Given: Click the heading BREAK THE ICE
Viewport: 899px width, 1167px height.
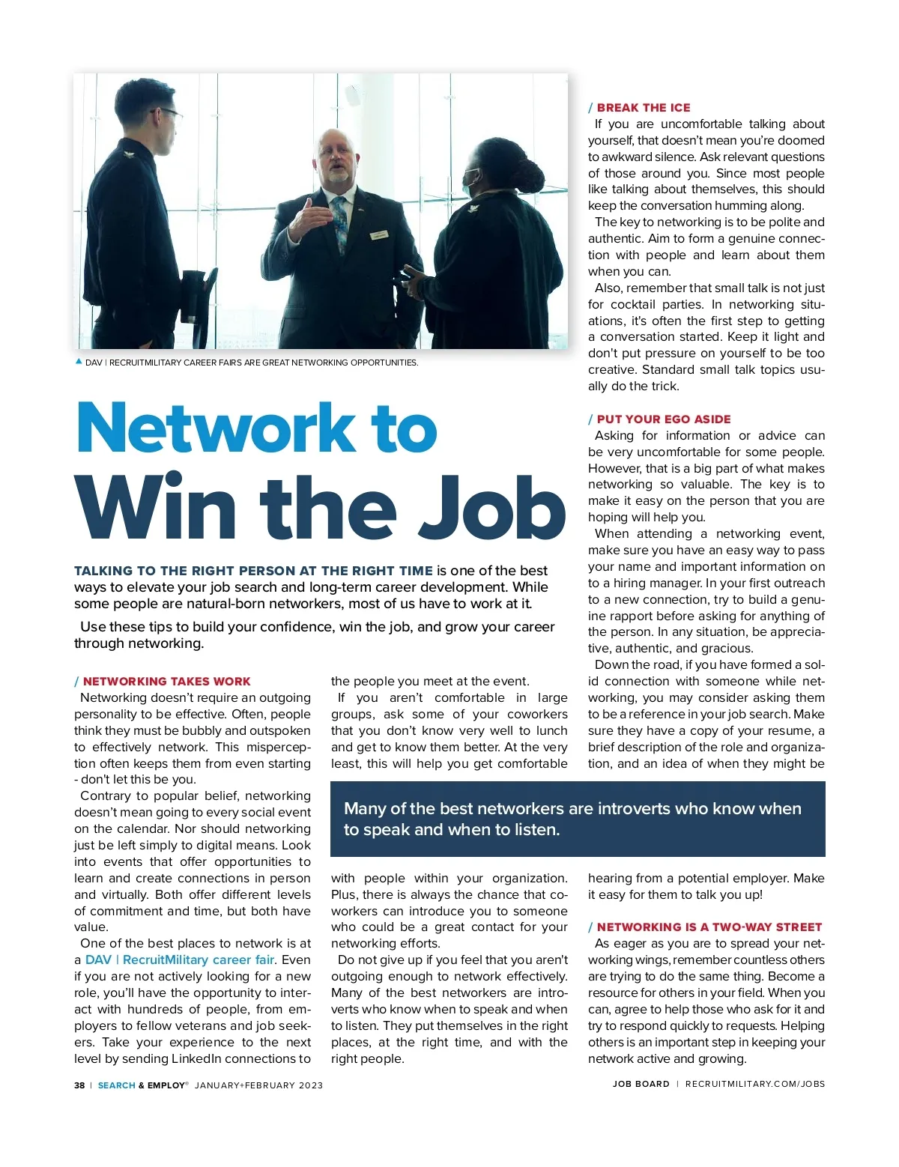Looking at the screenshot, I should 644,108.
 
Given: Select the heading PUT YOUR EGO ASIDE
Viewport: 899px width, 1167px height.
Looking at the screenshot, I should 664,419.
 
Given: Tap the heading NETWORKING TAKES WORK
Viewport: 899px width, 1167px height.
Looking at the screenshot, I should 166,682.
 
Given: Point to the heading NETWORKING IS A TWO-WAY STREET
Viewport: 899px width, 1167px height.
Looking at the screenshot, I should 709,927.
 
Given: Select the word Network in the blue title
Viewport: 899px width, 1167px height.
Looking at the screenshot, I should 217,428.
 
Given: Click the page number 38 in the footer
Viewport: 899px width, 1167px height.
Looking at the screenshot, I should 79,1085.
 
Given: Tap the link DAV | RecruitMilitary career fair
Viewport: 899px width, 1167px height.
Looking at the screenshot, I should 180,960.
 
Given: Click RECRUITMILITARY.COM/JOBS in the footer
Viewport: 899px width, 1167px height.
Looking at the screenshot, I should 754,1084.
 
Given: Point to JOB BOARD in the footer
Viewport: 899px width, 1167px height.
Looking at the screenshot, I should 641,1084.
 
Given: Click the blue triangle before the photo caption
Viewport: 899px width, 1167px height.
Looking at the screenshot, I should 79,362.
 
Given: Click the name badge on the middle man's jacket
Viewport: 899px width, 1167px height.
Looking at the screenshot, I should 380,235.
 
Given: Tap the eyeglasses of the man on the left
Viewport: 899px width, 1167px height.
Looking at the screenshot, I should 169,114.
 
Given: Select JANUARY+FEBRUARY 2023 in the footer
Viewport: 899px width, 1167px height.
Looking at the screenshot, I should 258,1085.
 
